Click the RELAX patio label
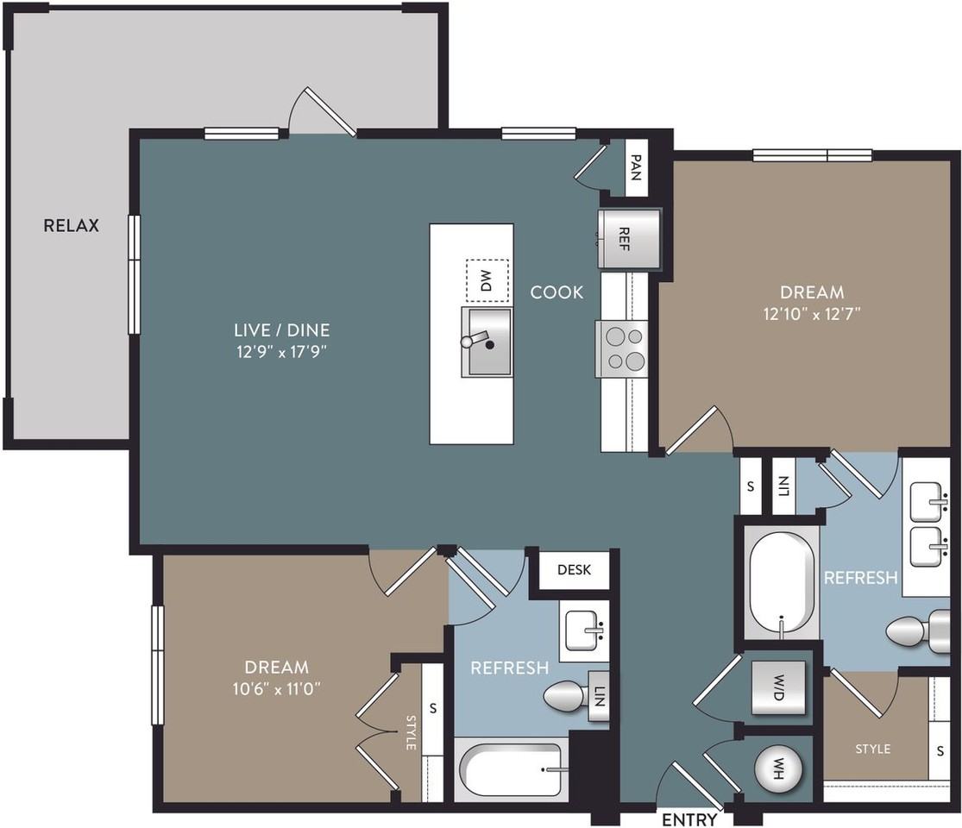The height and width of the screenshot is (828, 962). [x=72, y=226]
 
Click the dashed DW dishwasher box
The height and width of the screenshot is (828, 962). [x=485, y=280]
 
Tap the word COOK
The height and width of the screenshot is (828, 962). [x=556, y=292]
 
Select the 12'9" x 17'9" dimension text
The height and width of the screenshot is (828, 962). [x=282, y=351]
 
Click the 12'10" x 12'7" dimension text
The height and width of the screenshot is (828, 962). [x=811, y=314]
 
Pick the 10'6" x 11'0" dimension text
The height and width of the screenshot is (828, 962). [x=276, y=689]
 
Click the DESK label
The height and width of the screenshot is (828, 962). [x=573, y=570]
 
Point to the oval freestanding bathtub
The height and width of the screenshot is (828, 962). [x=783, y=585]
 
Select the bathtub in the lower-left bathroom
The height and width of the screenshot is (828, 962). [x=511, y=769]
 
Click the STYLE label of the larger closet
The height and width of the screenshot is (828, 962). [x=872, y=749]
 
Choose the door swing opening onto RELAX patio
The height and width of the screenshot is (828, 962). [x=321, y=112]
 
